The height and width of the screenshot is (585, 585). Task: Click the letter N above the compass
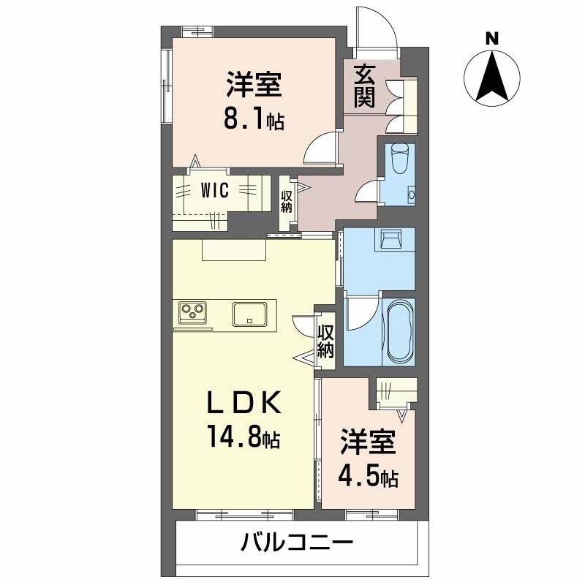493,37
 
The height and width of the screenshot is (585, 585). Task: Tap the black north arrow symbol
493,77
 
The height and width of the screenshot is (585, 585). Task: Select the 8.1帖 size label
254,119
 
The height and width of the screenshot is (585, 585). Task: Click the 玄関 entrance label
365,86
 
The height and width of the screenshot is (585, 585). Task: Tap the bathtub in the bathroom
399,331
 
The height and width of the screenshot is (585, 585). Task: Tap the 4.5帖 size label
368,477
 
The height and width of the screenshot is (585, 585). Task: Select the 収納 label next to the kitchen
325,341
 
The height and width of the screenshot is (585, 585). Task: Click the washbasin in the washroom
390,239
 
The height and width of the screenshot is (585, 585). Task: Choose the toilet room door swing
365,193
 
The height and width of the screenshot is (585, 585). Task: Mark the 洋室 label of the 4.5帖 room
368,442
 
